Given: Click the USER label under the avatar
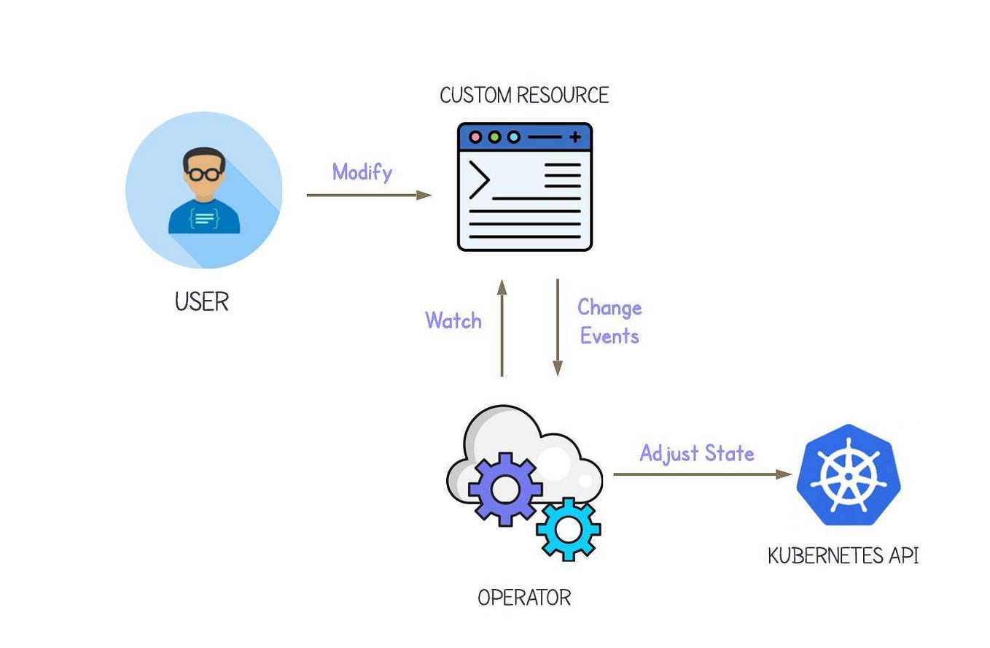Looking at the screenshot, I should click(202, 301).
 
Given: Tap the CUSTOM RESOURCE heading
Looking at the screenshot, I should click(524, 96).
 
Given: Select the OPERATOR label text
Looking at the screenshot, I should click(524, 598).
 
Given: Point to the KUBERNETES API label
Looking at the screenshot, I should click(843, 556).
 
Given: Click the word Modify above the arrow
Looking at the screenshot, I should click(362, 172).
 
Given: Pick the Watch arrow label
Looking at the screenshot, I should click(453, 321).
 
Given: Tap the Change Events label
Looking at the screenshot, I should click(609, 322).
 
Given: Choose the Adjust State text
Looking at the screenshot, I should click(697, 453).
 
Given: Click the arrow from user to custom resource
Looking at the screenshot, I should click(369, 195).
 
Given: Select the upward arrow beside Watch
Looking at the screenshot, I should click(502, 328).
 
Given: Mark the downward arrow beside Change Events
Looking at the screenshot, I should click(558, 328).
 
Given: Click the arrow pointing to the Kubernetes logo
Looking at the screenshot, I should click(702, 474).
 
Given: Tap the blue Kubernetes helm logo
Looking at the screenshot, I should click(849, 475).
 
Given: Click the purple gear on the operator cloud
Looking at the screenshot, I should click(504, 488).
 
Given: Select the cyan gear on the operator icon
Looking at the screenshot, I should click(569, 528).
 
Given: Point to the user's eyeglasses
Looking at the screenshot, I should click(204, 174).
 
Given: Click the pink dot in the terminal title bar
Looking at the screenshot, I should click(476, 136).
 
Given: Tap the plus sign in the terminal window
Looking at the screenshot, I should click(575, 136).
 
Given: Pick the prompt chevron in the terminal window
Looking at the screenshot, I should click(478, 180).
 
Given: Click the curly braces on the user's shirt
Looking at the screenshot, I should click(204, 217).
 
